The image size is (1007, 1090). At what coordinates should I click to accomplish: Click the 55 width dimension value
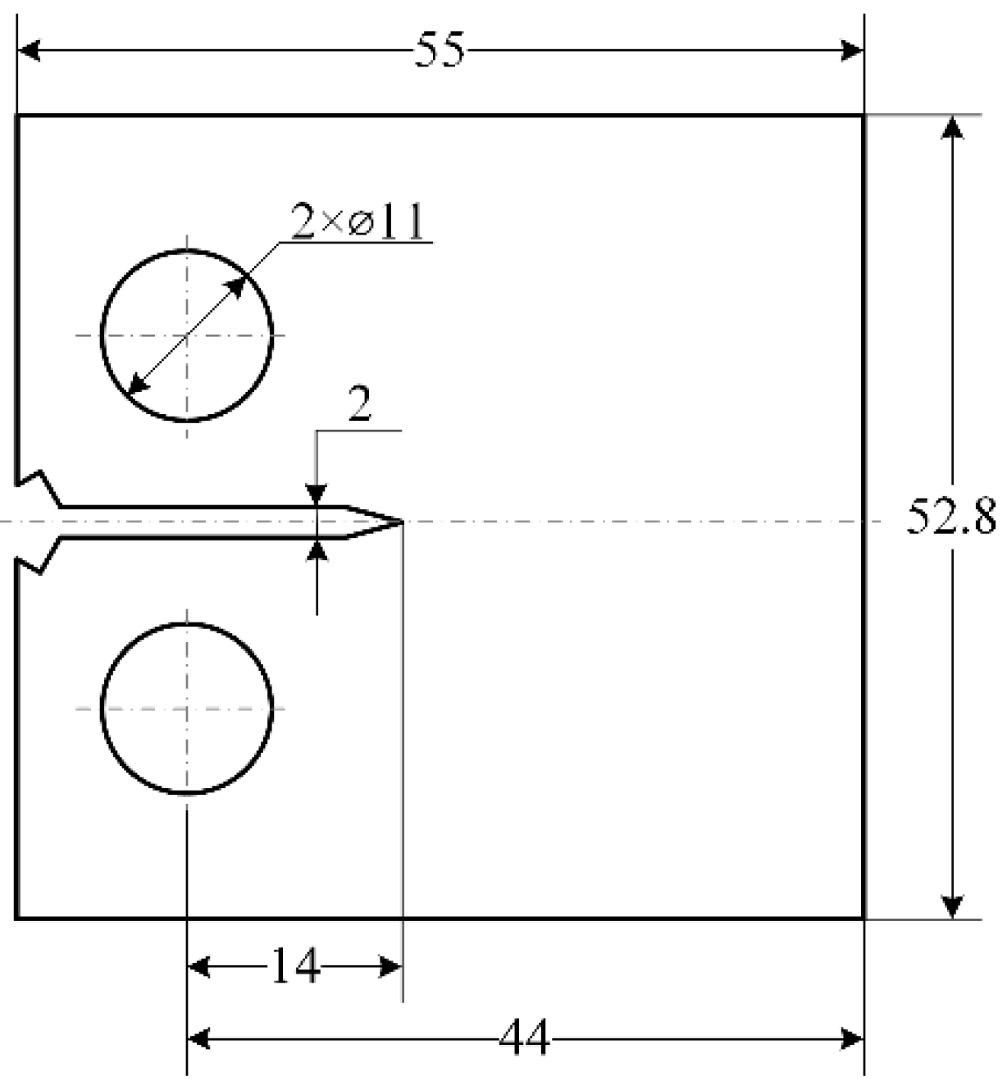pos(440,51)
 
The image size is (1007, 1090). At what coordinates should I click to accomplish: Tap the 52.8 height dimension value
pos(951,518)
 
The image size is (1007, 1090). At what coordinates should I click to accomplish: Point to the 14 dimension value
pos(294,967)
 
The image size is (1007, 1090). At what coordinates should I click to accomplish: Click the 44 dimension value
pos(525,1039)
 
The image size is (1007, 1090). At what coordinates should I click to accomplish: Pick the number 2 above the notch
pos(359,405)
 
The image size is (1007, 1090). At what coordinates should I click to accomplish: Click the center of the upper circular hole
pos(187,335)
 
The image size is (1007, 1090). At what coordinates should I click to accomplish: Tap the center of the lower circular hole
pos(187,708)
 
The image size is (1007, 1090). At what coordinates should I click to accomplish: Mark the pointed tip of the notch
pos(402,521)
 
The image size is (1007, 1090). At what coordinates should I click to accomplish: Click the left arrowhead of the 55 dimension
pos(30,51)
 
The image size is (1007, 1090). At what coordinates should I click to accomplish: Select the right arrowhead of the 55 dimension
pos(851,51)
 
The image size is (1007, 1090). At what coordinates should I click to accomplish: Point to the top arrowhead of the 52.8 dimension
pos(951,128)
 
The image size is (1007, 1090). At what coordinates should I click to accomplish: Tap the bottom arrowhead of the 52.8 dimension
pos(951,905)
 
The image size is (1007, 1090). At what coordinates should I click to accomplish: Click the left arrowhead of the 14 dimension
pos(200,967)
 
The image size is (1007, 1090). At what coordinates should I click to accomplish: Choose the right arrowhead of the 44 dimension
pos(851,1039)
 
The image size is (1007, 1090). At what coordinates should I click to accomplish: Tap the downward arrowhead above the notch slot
pos(317,495)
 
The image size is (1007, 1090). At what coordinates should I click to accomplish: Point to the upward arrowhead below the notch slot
pos(317,550)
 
